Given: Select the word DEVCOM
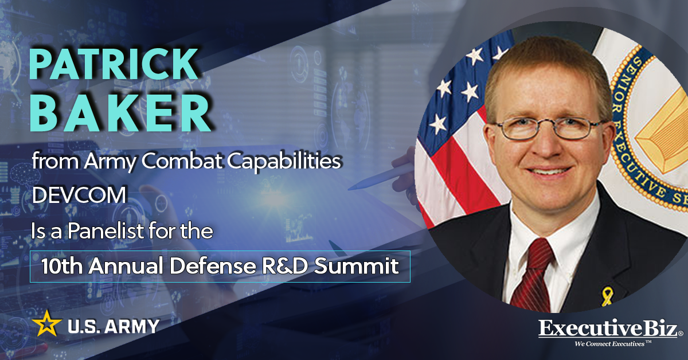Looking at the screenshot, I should click(79, 195).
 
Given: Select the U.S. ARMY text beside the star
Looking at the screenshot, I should click(114, 327).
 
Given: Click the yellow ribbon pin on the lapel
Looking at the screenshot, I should click(606, 296).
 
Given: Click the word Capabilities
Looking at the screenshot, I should click(279, 162).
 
